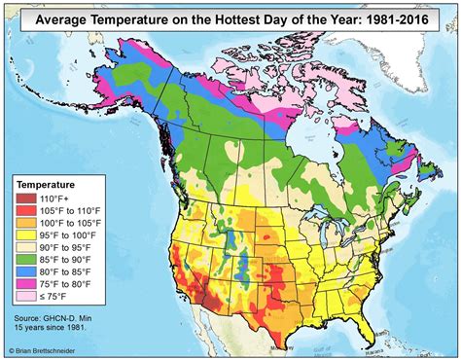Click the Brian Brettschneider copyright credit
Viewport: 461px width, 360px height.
click(48, 352)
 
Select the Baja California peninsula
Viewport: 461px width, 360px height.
click(166, 313)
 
